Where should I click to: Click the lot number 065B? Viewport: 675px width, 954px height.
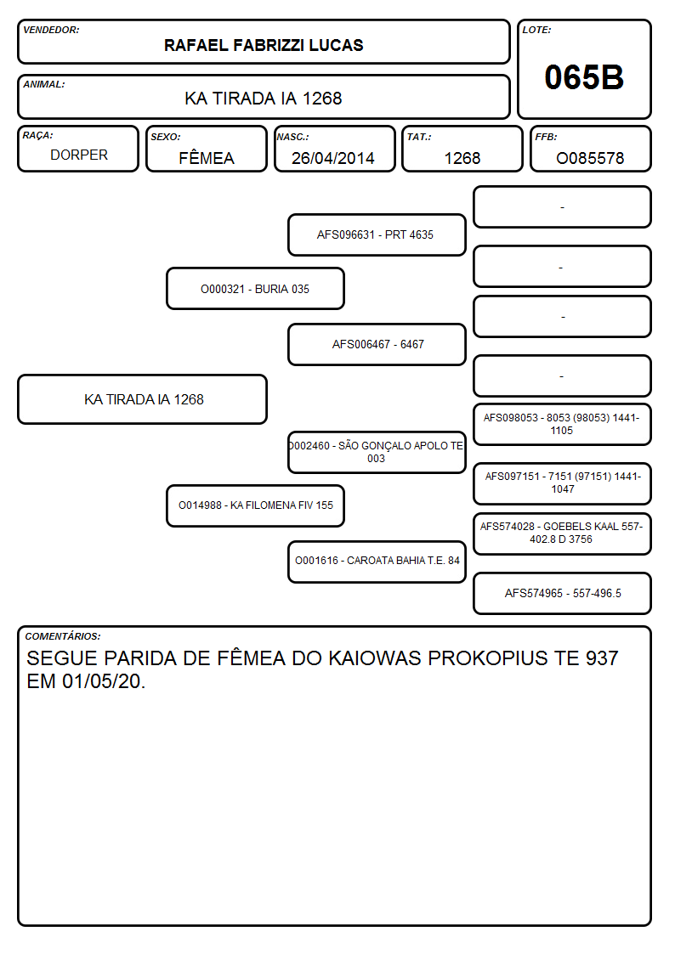[584, 77]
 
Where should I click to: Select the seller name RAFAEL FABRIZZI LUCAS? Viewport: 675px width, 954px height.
[264, 45]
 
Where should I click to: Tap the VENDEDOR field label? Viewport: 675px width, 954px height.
[51, 30]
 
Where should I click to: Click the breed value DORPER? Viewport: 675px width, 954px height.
[79, 155]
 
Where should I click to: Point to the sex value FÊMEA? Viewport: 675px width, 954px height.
[207, 157]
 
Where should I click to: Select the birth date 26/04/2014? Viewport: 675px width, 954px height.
[333, 158]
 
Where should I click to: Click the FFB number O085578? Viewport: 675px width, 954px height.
[590, 158]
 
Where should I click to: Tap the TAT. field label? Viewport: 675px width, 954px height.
[419, 137]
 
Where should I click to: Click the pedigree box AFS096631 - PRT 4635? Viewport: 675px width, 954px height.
[377, 234]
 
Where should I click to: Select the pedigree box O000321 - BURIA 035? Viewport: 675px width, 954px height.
[255, 289]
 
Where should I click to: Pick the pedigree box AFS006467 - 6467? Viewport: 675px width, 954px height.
[377, 344]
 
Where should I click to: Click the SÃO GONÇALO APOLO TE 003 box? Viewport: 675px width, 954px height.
[377, 452]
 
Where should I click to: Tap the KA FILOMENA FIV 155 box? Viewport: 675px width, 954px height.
[255, 505]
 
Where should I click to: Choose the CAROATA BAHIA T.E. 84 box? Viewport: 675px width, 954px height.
[377, 562]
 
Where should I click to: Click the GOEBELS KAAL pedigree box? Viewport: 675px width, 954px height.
[562, 533]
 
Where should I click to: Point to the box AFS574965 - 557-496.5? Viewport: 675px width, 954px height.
[562, 593]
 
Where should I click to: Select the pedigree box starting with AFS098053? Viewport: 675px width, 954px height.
[562, 424]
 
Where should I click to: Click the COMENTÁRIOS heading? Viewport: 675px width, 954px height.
[63, 636]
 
